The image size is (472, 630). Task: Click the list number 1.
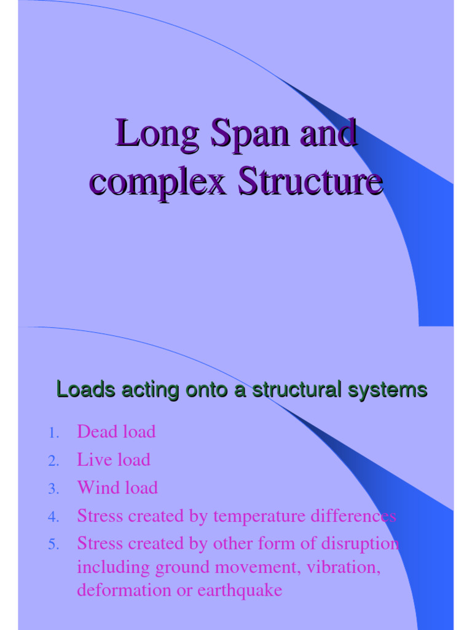coord(53,433)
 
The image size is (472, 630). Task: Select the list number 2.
coord(53,461)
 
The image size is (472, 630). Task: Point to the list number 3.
coord(53,489)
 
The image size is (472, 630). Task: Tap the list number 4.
coord(53,517)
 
